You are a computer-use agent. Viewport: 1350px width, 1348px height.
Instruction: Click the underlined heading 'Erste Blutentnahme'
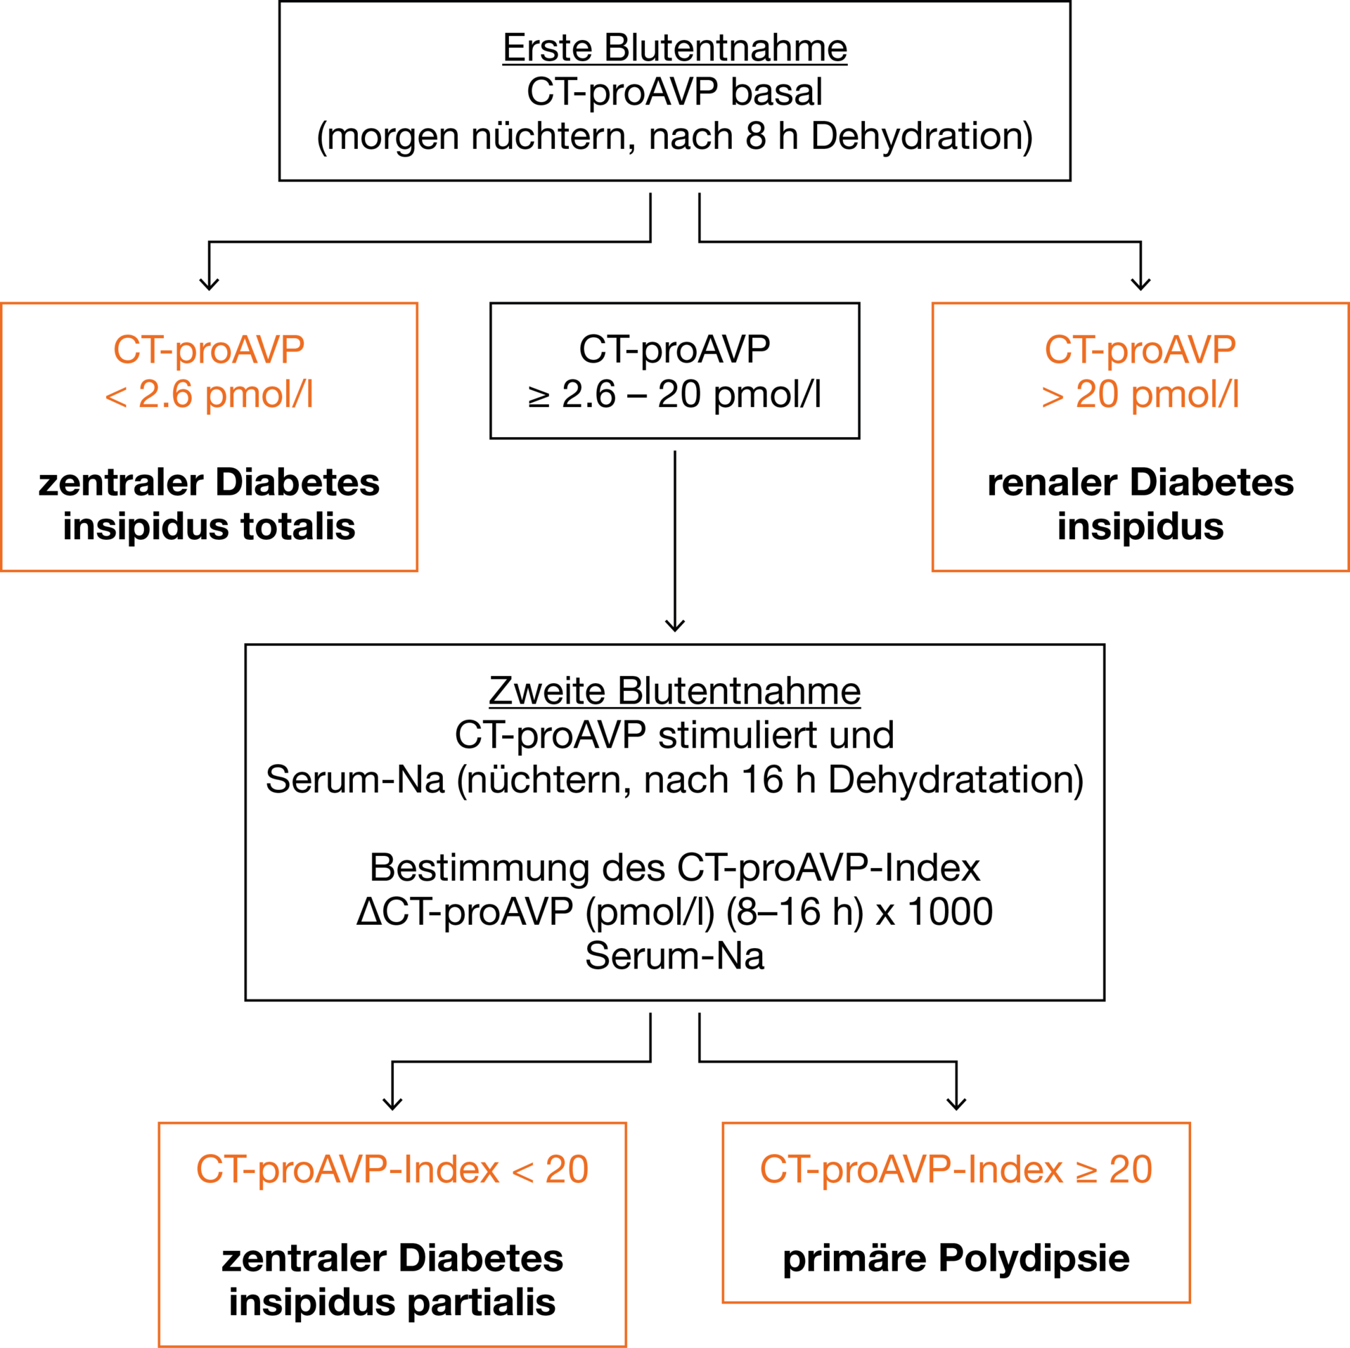[675, 48]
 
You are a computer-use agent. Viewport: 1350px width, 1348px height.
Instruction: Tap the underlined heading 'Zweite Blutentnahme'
[675, 691]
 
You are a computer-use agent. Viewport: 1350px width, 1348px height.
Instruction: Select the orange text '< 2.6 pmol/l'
[209, 394]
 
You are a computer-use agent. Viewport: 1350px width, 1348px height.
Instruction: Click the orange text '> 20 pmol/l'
[1140, 394]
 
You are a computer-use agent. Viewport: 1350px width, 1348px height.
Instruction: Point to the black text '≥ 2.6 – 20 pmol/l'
[675, 394]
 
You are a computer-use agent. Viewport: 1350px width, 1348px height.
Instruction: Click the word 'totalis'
[298, 526]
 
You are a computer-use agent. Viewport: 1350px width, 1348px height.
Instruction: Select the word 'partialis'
[482, 1302]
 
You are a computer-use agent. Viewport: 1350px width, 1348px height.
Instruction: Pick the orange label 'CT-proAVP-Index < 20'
[392, 1170]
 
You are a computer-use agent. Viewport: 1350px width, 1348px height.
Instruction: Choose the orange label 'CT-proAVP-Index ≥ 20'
[956, 1170]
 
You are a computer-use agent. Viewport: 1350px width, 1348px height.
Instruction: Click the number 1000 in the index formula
[951, 912]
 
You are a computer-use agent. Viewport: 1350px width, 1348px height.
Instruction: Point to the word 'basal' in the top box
[776, 92]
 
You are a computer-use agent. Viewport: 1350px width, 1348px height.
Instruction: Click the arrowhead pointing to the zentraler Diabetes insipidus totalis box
[209, 284]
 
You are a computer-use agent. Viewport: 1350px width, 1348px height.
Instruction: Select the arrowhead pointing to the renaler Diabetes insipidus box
[1140, 284]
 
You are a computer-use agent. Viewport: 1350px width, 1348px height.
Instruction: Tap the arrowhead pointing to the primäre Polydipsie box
[956, 1103]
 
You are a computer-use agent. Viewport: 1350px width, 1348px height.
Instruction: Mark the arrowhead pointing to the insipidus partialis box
[392, 1103]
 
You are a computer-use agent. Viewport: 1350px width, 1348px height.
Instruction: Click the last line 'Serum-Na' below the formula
[675, 957]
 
